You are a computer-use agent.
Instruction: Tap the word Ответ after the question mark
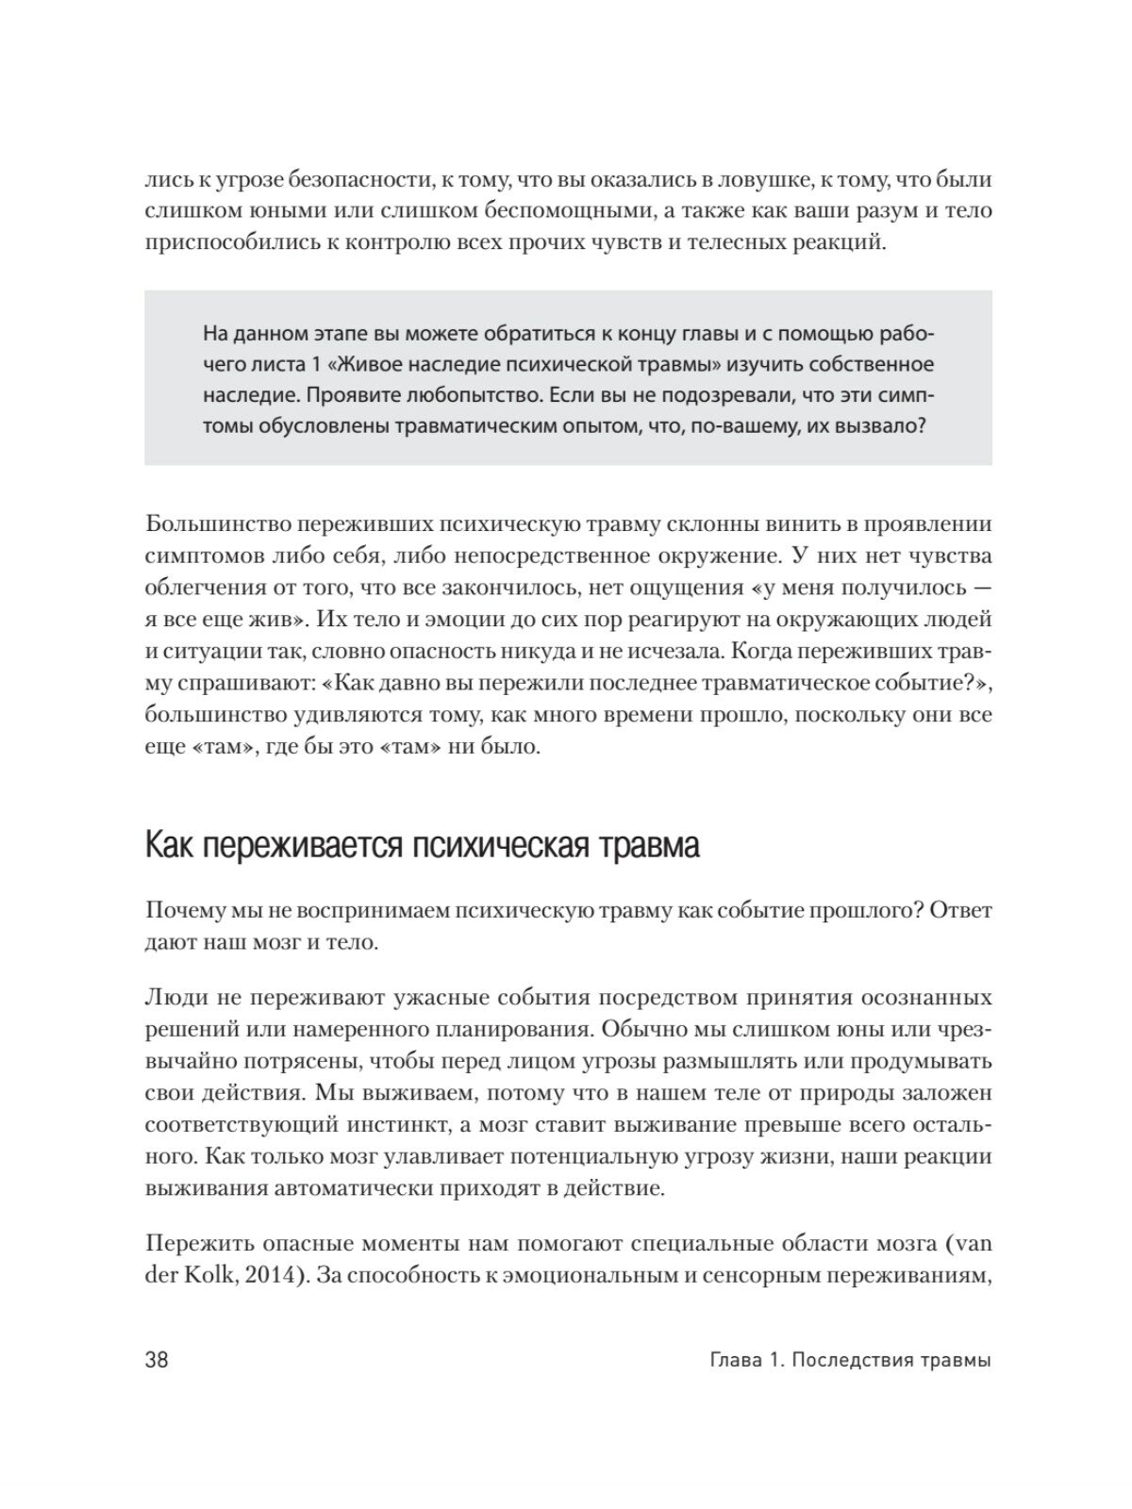pyautogui.click(x=959, y=911)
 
